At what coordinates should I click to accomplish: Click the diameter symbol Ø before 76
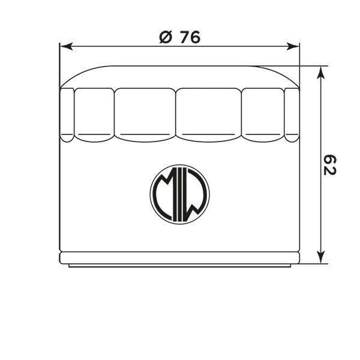click(x=166, y=37)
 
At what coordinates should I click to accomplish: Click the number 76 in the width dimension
click(x=190, y=37)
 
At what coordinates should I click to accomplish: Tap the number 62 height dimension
click(x=329, y=165)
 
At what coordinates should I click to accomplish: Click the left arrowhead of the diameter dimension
click(x=66, y=46)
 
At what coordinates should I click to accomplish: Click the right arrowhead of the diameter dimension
click(x=293, y=46)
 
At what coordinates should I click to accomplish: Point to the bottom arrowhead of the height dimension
click(x=321, y=257)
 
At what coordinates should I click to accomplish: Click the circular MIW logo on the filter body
click(x=180, y=194)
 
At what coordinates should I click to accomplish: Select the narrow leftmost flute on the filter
click(x=67, y=115)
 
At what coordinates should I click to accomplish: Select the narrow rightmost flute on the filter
click(x=292, y=115)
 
